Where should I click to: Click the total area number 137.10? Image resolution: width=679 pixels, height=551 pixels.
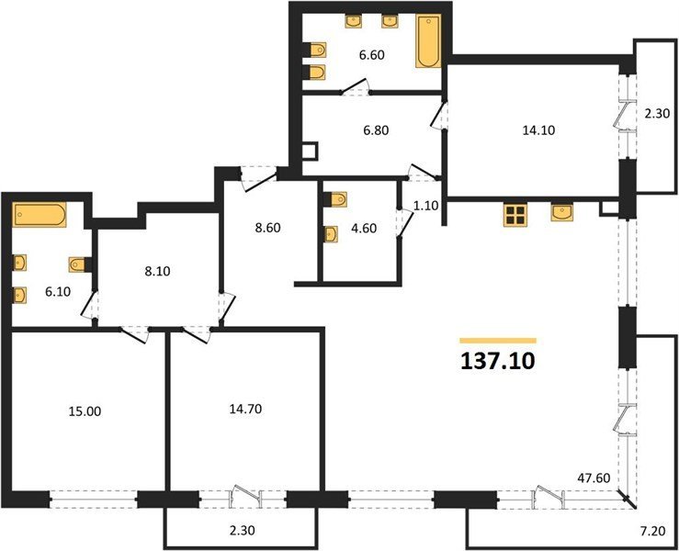click(x=498, y=361)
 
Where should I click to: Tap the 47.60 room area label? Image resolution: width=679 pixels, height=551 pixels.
click(x=594, y=478)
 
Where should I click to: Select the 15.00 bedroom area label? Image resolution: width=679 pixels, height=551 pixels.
click(x=85, y=411)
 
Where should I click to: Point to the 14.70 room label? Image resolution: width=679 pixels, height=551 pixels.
click(x=245, y=409)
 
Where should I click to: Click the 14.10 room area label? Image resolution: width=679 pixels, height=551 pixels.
click(x=538, y=129)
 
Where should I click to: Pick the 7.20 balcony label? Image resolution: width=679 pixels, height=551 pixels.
click(x=652, y=531)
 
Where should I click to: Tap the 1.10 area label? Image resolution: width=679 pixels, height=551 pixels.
click(x=426, y=206)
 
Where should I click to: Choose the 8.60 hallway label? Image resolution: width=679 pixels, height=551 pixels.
click(x=267, y=228)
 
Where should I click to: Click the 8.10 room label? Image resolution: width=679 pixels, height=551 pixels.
click(x=157, y=272)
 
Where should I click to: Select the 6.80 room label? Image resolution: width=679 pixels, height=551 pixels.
click(x=376, y=129)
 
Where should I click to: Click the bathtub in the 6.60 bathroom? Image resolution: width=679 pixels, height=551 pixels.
click(x=429, y=40)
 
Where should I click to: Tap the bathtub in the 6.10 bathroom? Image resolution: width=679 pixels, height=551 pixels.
click(x=40, y=214)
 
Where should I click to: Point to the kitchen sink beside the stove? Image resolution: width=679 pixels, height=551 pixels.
click(x=562, y=212)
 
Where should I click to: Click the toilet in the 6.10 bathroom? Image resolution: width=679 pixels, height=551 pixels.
click(x=80, y=264)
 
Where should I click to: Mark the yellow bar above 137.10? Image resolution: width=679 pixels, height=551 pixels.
click(x=498, y=341)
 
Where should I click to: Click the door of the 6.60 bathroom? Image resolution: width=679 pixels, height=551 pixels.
click(x=355, y=85)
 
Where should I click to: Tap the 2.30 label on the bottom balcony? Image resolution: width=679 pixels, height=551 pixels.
click(x=242, y=529)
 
